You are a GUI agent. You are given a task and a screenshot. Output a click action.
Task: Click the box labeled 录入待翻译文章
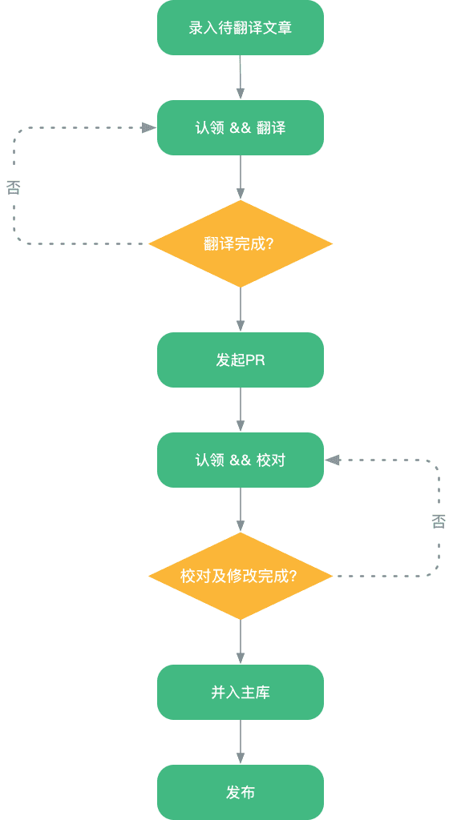(241, 28)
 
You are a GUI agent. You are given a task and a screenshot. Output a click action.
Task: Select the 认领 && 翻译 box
(241, 128)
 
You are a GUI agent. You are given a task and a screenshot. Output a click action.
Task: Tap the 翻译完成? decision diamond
(241, 243)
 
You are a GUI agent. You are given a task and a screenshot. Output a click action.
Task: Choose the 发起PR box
(241, 360)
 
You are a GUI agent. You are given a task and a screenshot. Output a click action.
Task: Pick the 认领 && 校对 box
(241, 460)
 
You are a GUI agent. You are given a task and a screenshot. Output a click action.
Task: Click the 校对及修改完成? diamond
(241, 576)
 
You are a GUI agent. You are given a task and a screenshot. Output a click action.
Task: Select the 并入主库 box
(241, 693)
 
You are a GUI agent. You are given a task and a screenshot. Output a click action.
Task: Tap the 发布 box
(241, 793)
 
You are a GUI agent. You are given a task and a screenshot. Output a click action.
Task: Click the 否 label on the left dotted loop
(14, 188)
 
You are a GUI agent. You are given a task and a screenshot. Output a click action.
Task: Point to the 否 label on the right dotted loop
(439, 522)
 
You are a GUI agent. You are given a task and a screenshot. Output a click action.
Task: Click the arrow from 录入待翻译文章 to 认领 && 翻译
(241, 78)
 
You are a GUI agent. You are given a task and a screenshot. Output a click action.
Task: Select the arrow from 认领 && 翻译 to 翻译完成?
(241, 177)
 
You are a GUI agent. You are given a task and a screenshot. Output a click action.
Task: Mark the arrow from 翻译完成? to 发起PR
(241, 309)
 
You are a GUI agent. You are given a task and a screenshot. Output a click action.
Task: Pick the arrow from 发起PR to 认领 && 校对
(241, 410)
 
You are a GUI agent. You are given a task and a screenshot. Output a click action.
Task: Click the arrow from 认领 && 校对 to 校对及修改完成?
(241, 509)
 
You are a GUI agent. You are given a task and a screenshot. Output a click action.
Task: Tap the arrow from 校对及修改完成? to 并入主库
(241, 641)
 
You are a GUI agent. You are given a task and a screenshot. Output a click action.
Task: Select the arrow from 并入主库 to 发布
(241, 742)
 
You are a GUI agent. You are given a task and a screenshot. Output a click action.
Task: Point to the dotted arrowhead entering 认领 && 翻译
(148, 127)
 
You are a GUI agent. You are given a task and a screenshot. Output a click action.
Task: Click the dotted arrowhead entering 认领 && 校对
(333, 460)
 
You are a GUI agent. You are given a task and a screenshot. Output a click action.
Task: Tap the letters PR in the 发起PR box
(255, 360)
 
